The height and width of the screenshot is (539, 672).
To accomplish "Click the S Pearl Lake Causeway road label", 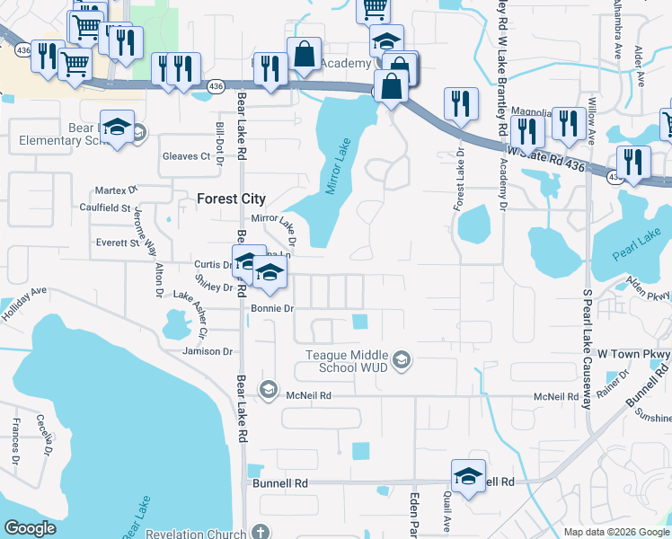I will [588, 349].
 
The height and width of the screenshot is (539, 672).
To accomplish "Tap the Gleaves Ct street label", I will [186, 156].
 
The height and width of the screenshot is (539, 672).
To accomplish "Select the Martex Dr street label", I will [117, 190].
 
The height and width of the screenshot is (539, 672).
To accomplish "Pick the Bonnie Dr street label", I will [273, 308].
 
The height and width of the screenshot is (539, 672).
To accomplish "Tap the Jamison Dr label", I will [207, 351].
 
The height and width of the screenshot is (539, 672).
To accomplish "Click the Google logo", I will [31, 528].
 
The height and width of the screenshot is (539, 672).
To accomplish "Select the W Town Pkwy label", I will [633, 355].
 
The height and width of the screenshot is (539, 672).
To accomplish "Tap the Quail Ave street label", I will [447, 515].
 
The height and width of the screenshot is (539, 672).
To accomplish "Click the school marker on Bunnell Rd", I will [468, 476].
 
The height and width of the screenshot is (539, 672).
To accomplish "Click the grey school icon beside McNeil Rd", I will [267, 390].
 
